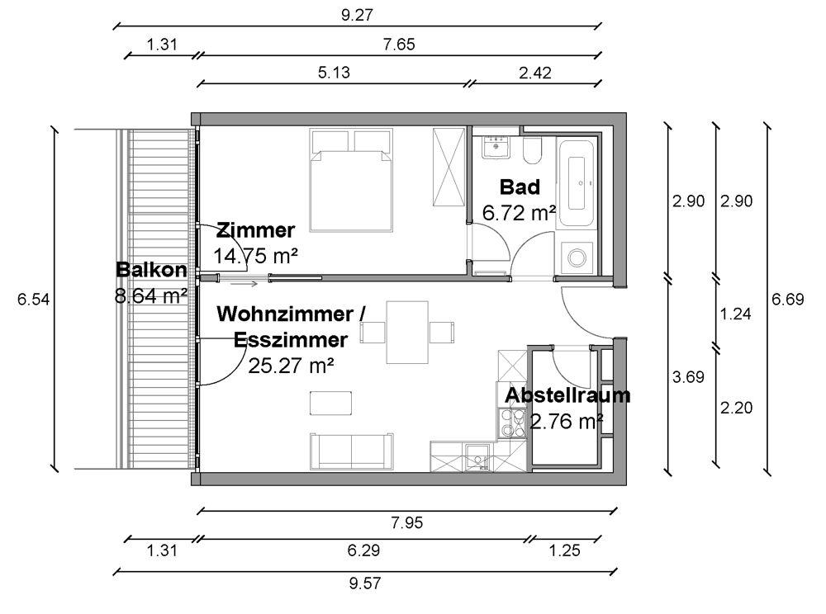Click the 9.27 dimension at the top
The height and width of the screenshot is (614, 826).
coord(357,15)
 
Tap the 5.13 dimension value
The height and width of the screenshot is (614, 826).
coord(334,72)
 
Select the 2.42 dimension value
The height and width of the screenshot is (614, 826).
coord(535,72)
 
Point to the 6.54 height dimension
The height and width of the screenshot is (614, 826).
coord(33,300)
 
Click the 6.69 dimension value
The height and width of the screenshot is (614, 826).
coord(787,300)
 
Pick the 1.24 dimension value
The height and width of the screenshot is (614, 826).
coord(736,314)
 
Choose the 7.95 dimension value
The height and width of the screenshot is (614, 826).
coord(407,522)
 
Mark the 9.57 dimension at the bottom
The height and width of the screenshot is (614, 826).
coord(365,583)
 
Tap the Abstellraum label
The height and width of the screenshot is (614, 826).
coord(567,395)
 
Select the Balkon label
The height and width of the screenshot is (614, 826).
coord(151,270)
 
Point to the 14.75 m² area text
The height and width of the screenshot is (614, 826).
coord(255,256)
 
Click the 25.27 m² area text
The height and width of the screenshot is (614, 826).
coord(291,365)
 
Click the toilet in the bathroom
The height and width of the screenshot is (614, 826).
coord(532,150)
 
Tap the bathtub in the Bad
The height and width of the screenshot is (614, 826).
coord(577,182)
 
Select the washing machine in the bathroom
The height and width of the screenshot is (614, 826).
coord(577,257)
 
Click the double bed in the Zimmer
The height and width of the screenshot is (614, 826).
coord(351,181)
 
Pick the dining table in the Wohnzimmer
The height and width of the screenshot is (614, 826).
coord(407,332)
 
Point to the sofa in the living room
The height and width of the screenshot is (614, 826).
coord(351,451)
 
